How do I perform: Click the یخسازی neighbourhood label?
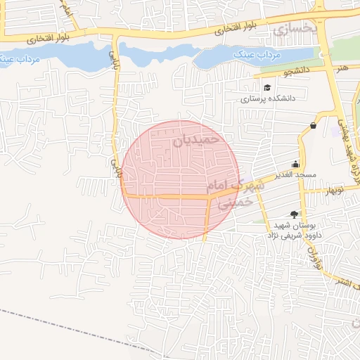tap(290, 30)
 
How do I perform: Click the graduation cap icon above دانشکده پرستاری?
tap(267, 87)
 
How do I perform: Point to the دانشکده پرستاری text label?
tap(268, 99)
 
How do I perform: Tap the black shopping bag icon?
tap(312, 126)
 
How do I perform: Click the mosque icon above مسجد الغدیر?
tap(296, 162)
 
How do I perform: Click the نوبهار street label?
tap(333, 190)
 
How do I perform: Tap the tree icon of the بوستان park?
tap(294, 214)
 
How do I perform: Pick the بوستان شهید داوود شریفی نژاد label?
tap(285, 230)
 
